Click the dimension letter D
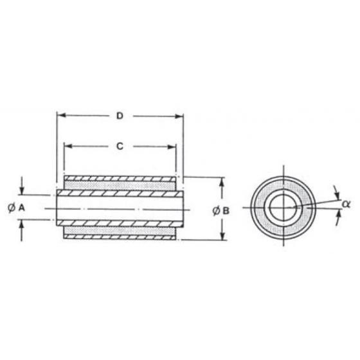click(x=120, y=116)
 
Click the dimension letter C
click(x=120, y=146)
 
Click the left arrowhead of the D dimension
click(x=61, y=116)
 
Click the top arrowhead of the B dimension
click(x=222, y=182)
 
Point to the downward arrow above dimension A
click(x=22, y=190)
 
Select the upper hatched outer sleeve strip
click(x=120, y=178)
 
